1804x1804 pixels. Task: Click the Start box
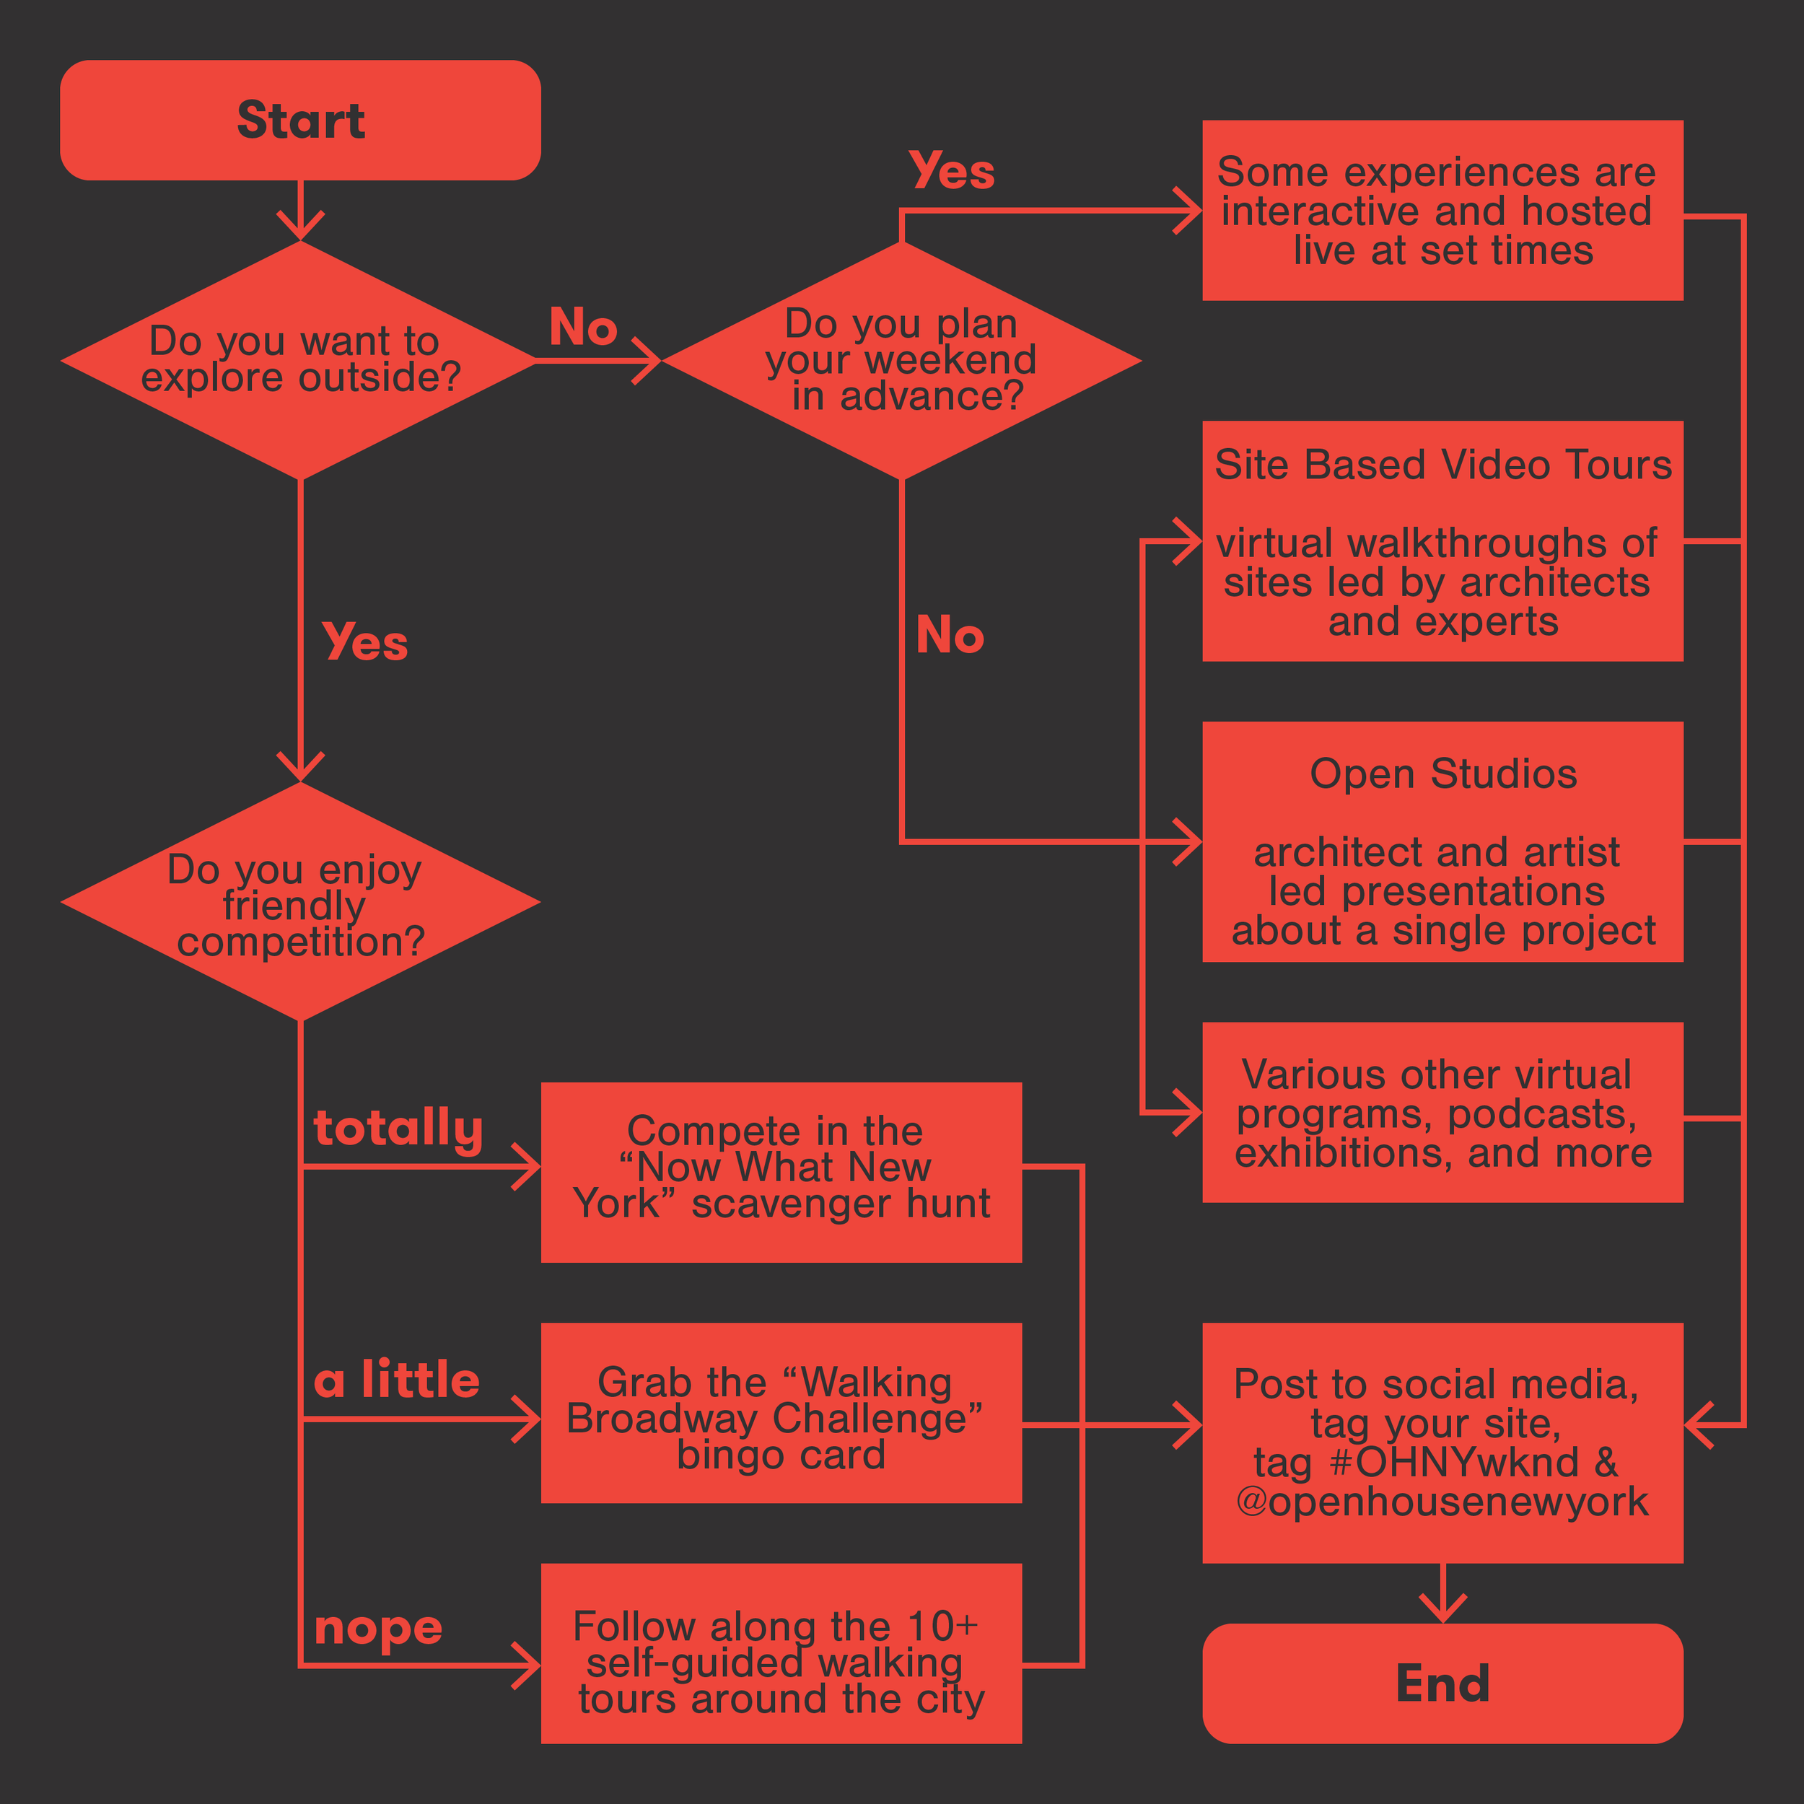point(299,121)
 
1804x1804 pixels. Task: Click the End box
point(1442,1683)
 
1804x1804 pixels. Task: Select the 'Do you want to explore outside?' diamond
point(299,360)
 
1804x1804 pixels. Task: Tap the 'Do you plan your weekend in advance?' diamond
point(901,360)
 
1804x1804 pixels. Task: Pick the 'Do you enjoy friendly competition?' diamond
point(299,903)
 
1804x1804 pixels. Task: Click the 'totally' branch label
point(398,1129)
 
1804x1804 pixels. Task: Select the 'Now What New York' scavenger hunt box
point(781,1171)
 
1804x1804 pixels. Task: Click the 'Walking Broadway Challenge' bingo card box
point(781,1417)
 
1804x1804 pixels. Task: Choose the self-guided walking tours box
point(781,1662)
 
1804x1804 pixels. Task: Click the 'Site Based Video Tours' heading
point(1442,465)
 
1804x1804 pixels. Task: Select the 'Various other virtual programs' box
point(1442,1112)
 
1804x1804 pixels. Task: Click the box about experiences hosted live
point(1442,211)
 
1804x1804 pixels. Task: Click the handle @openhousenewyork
point(1442,1502)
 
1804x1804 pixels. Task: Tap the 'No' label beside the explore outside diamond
point(582,328)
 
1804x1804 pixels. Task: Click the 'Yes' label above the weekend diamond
point(952,172)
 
